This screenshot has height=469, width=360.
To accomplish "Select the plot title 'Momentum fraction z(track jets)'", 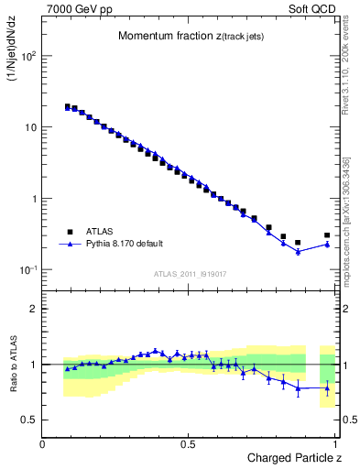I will [180, 36].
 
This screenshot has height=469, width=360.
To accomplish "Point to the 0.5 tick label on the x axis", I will [188, 444].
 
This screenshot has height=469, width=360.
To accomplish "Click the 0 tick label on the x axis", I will [43, 444].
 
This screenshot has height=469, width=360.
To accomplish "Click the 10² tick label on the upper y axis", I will [27, 57].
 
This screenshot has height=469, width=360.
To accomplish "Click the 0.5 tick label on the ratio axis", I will [28, 420].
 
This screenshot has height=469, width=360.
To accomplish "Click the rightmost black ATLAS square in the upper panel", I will [327, 235].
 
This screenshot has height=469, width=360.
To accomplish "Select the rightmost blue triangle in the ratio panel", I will [327, 387].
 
